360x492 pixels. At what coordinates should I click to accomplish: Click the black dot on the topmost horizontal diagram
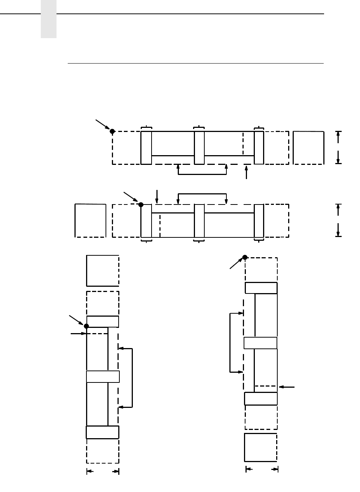[x=112, y=131]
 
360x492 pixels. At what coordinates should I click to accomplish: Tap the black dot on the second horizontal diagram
[x=141, y=205]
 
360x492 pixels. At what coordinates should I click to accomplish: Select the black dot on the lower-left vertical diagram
[x=86, y=326]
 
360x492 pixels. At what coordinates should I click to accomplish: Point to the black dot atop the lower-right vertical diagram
[x=245, y=257]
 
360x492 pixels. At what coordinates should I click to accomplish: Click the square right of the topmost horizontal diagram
[x=308, y=148]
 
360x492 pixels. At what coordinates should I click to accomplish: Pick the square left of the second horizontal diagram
[x=91, y=220]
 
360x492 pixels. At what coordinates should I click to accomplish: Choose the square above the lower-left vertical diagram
[x=103, y=271]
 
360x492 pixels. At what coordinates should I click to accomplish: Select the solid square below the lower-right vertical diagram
[x=261, y=448]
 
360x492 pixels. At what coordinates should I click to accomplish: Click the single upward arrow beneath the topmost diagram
[x=246, y=172]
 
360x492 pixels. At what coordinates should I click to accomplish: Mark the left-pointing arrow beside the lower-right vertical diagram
[x=287, y=387]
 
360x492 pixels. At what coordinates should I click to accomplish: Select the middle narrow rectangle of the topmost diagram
[x=199, y=148]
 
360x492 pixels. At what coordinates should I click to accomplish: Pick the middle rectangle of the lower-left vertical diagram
[x=103, y=376]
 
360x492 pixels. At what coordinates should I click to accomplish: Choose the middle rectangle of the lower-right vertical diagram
[x=260, y=343]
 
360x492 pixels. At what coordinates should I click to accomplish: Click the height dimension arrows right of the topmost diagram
[x=338, y=148]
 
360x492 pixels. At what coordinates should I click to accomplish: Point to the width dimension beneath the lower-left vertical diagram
[x=103, y=472]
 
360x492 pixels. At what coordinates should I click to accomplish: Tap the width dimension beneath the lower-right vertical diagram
[x=262, y=469]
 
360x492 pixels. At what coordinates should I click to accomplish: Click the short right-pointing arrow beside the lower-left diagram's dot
[x=78, y=333]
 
